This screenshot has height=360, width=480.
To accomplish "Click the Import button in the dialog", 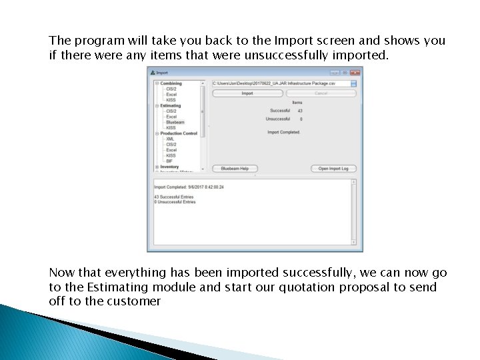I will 247,93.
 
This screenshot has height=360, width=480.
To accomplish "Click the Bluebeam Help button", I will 235,169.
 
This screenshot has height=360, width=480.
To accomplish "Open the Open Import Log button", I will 333,169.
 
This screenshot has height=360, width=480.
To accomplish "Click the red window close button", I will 355,73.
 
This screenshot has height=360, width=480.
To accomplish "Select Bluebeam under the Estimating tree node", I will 175,122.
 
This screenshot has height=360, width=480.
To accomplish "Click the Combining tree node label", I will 171,83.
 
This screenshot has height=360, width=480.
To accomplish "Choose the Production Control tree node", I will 179,133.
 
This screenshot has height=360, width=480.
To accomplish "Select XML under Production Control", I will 170,139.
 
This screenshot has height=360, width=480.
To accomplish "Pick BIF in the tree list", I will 169,161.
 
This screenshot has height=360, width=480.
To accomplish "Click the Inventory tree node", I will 169,167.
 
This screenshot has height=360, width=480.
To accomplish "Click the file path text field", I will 280,83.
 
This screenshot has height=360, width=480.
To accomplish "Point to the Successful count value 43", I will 300,111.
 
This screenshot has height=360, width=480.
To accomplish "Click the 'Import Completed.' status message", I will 284,132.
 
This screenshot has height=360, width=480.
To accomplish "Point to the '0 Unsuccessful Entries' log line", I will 175,201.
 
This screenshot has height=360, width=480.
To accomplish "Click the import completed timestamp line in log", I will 189,187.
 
